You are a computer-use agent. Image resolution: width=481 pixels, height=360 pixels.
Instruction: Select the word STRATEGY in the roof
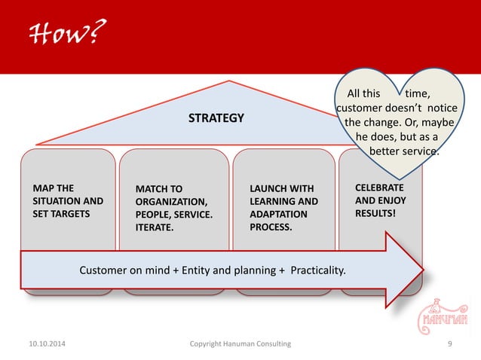[216, 117]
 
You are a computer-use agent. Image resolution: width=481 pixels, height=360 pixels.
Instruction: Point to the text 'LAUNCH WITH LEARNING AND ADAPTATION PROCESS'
[283, 206]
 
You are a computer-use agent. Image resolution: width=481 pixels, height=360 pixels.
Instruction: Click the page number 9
[449, 344]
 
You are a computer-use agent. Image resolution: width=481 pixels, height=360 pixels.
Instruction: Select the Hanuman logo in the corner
[447, 313]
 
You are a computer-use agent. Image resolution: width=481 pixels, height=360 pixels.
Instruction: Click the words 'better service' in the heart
[404, 151]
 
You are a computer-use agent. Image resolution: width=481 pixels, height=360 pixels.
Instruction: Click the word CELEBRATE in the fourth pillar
[379, 187]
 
